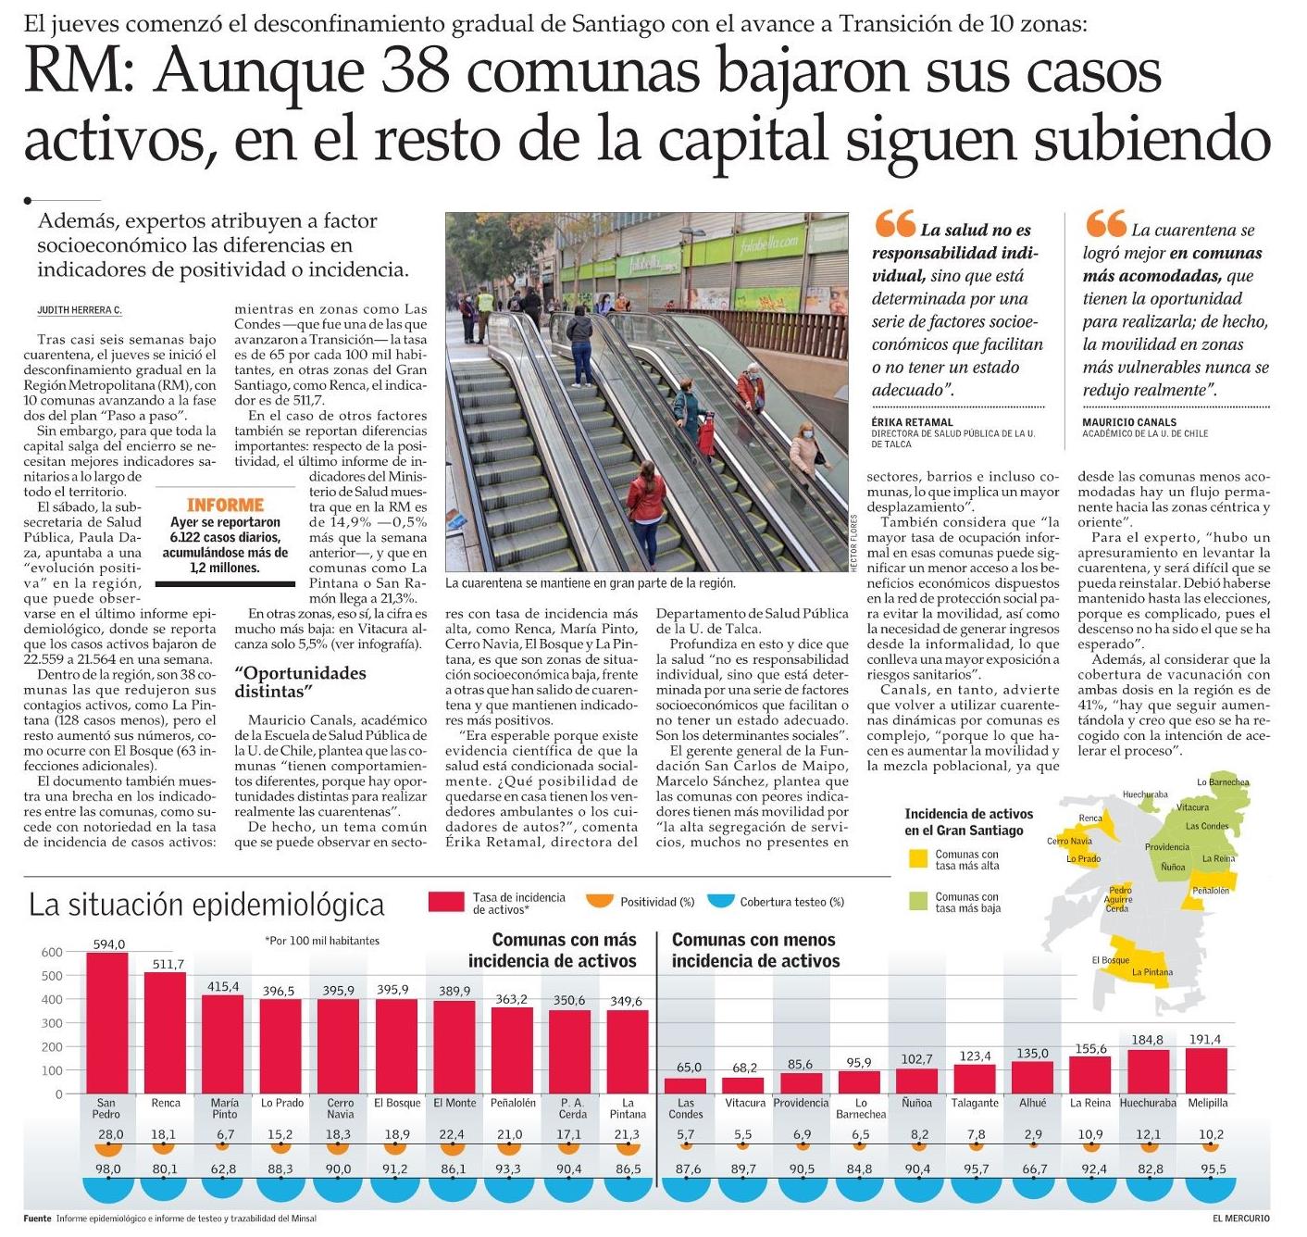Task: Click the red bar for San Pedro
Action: [106, 1022]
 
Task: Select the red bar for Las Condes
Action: [685, 1085]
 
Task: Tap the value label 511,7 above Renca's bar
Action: [168, 964]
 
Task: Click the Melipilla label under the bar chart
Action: [1206, 1103]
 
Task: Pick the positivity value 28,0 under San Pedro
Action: [110, 1134]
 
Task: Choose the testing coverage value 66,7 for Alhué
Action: [1032, 1169]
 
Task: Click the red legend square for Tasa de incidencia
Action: [446, 902]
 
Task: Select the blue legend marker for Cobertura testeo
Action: [719, 900]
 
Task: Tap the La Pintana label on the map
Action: [1152, 972]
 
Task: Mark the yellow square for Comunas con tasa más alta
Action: [917, 859]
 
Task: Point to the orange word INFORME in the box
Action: [225, 505]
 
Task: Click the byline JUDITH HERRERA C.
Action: [80, 310]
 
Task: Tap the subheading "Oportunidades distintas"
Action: [300, 681]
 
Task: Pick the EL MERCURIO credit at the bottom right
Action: [1241, 1218]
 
